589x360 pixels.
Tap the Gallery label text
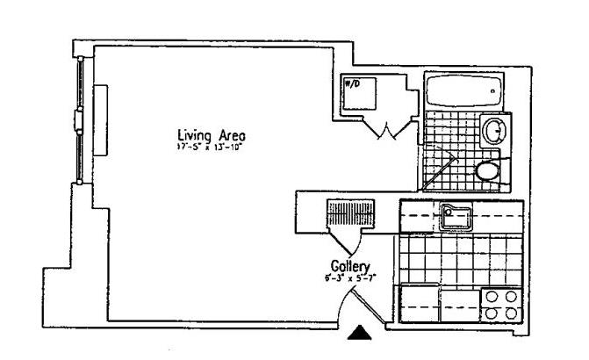point(349,266)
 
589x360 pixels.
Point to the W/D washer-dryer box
point(358,93)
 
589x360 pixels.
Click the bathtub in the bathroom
point(462,90)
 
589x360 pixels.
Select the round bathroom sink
point(493,132)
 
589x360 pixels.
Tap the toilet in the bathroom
point(486,169)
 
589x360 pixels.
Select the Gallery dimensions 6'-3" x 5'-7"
point(348,278)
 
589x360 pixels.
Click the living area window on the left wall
point(80,119)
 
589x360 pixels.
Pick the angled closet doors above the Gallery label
point(344,236)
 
